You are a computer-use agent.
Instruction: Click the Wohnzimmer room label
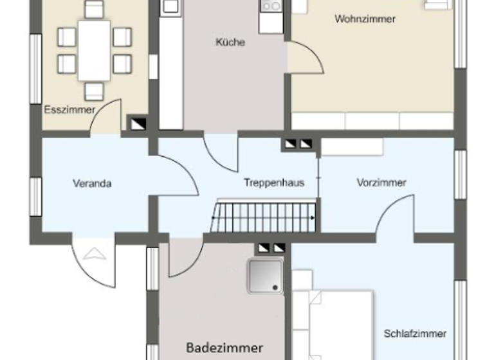coord(365,19)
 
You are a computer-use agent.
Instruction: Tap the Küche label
coord(230,42)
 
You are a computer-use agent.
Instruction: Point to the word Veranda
coord(92,183)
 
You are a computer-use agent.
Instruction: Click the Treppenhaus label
coord(274,183)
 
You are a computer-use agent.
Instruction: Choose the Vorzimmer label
coord(381,183)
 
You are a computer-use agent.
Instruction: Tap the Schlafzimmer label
coord(415,334)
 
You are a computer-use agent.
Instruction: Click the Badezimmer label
coord(224,348)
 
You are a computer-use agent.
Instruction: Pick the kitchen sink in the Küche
coord(271,6)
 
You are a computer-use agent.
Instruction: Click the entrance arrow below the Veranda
coord(93,253)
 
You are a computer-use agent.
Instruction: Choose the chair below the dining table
coord(94,90)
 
